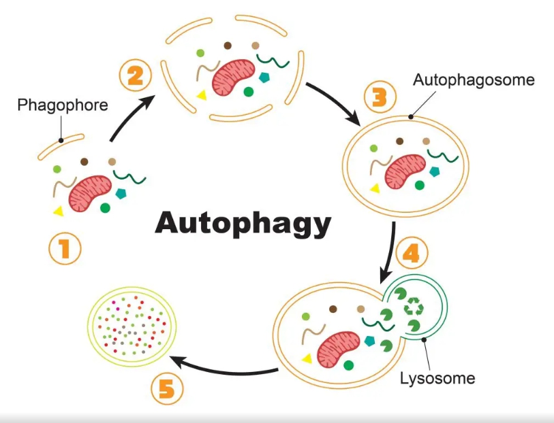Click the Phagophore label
[x=63, y=105]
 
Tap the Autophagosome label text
[x=474, y=80]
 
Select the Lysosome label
[x=437, y=378]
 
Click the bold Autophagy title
[x=243, y=223]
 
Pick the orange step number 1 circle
[x=65, y=248]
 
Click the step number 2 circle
[x=136, y=76]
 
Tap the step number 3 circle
[x=380, y=97]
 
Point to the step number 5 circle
[x=167, y=390]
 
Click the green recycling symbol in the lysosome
[x=414, y=306]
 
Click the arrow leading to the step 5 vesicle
[x=224, y=367]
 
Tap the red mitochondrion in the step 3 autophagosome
[x=405, y=171]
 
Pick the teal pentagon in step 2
[x=264, y=78]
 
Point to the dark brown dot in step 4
[x=333, y=309]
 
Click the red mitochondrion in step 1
[x=90, y=194]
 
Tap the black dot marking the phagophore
[x=61, y=140]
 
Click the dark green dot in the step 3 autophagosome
[x=420, y=185]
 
